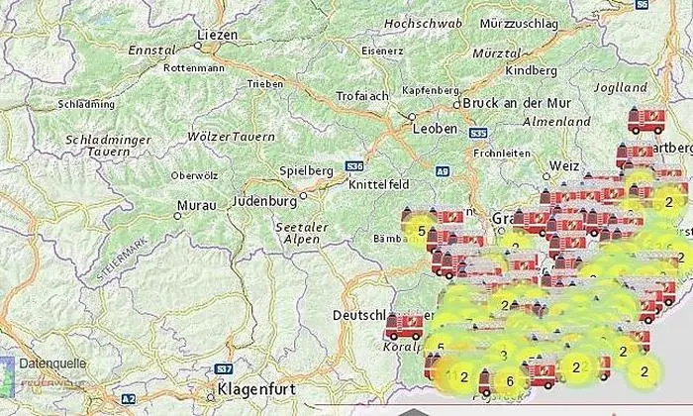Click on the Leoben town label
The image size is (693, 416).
click(x=437, y=129)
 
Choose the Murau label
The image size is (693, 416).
click(x=193, y=206)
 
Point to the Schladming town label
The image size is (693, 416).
click(x=86, y=102)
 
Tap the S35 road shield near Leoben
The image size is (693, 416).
click(x=478, y=132)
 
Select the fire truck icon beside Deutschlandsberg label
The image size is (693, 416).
click(x=404, y=324)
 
